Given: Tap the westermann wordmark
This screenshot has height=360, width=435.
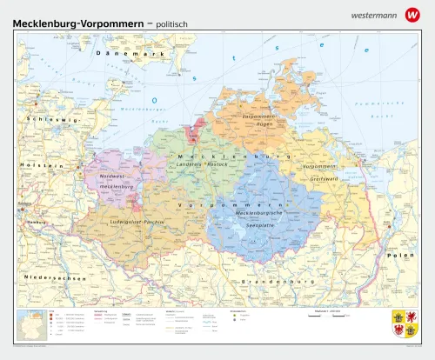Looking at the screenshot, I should point(374,14).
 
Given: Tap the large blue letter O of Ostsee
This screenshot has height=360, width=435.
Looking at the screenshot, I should point(154,99).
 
